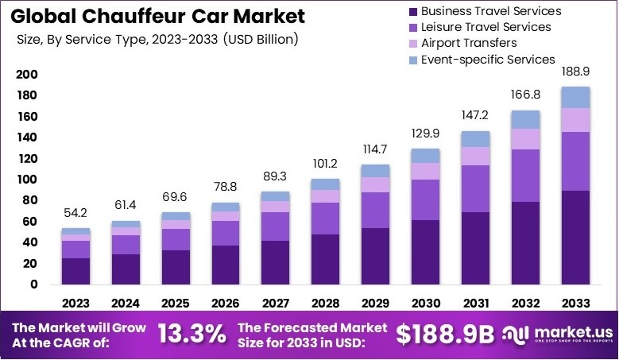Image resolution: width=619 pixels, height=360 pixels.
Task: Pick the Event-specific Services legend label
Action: tap(487, 59)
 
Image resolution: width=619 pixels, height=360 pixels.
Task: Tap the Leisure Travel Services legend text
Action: tap(486, 27)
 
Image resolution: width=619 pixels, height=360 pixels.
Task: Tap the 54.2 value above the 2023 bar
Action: tap(75, 215)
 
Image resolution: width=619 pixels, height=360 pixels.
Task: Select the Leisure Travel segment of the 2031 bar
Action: tap(475, 189)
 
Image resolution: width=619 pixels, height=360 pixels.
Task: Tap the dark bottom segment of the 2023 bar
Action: tap(75, 271)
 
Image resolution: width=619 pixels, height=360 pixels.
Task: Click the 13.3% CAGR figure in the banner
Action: tap(192, 334)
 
